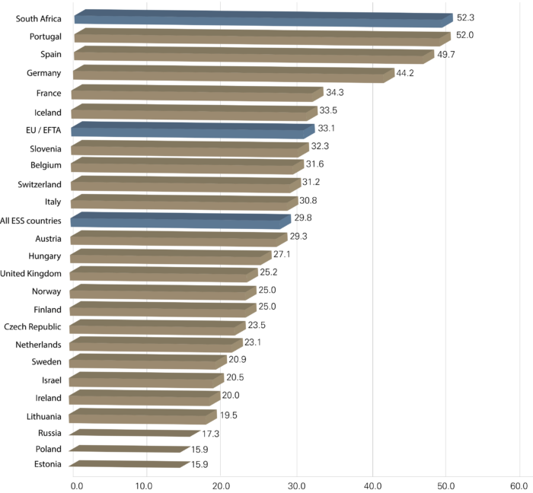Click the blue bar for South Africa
259,18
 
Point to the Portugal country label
45,37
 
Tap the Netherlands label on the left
39,345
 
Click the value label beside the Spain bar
445,55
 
